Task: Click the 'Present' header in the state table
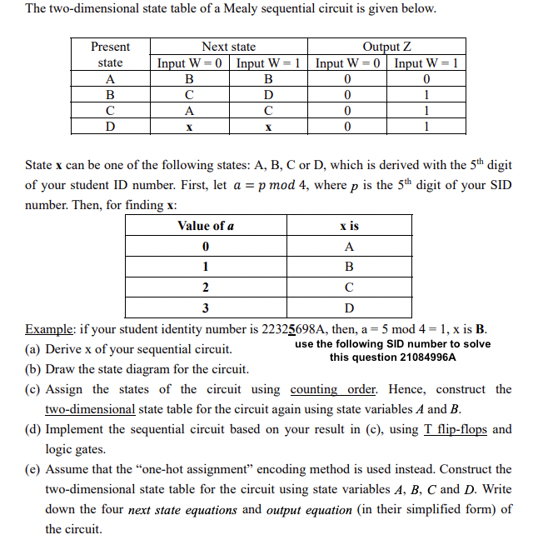110,47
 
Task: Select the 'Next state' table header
229,47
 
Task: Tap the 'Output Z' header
386,47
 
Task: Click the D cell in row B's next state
268,95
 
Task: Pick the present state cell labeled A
110,79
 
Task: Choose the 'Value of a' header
205,226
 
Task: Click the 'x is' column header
349,226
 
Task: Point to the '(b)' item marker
33,369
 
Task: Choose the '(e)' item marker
33,469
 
